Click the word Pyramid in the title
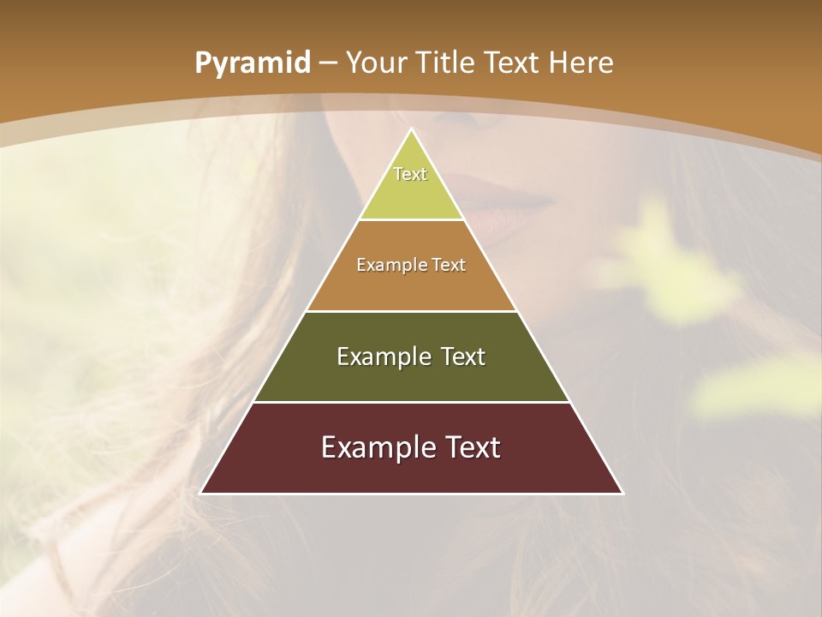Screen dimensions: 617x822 [x=252, y=63]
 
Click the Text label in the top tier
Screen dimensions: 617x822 [x=410, y=174]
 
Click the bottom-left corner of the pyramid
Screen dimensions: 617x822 [x=201, y=493]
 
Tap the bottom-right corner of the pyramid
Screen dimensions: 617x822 [x=622, y=493]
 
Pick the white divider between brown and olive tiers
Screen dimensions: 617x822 [x=412, y=311]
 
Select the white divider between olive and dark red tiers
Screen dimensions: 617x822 [x=412, y=402]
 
